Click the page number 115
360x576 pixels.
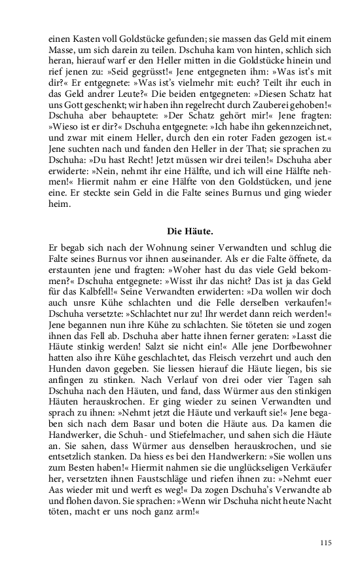(325, 543)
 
